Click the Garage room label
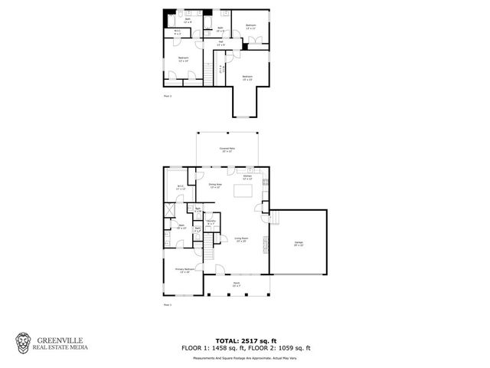point(299,244)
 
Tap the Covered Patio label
point(227,149)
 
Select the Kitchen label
point(247,178)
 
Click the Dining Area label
point(215,186)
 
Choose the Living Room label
point(240,240)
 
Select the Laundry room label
point(211,222)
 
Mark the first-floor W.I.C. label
point(181,187)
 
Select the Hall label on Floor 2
point(220,44)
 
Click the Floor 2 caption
point(168,96)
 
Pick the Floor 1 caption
point(168,305)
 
